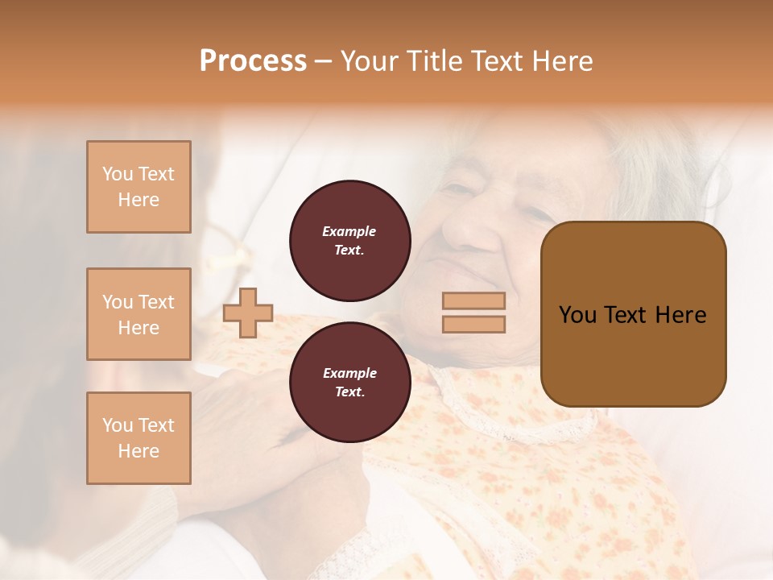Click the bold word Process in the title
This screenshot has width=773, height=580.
point(253,61)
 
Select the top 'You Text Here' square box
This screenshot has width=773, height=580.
point(138,187)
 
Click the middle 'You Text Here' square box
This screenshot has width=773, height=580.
point(138,314)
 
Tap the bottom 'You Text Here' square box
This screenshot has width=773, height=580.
point(138,437)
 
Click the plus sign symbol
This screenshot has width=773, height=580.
point(248,313)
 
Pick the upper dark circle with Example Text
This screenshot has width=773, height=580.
point(349,240)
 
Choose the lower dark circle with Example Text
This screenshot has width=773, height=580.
point(349,382)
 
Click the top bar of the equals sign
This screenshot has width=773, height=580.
point(473,301)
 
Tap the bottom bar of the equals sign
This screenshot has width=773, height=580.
point(473,325)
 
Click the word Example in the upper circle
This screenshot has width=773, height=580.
point(349,231)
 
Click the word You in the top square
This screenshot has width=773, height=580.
point(117,174)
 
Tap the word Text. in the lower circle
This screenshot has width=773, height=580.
point(349,391)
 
